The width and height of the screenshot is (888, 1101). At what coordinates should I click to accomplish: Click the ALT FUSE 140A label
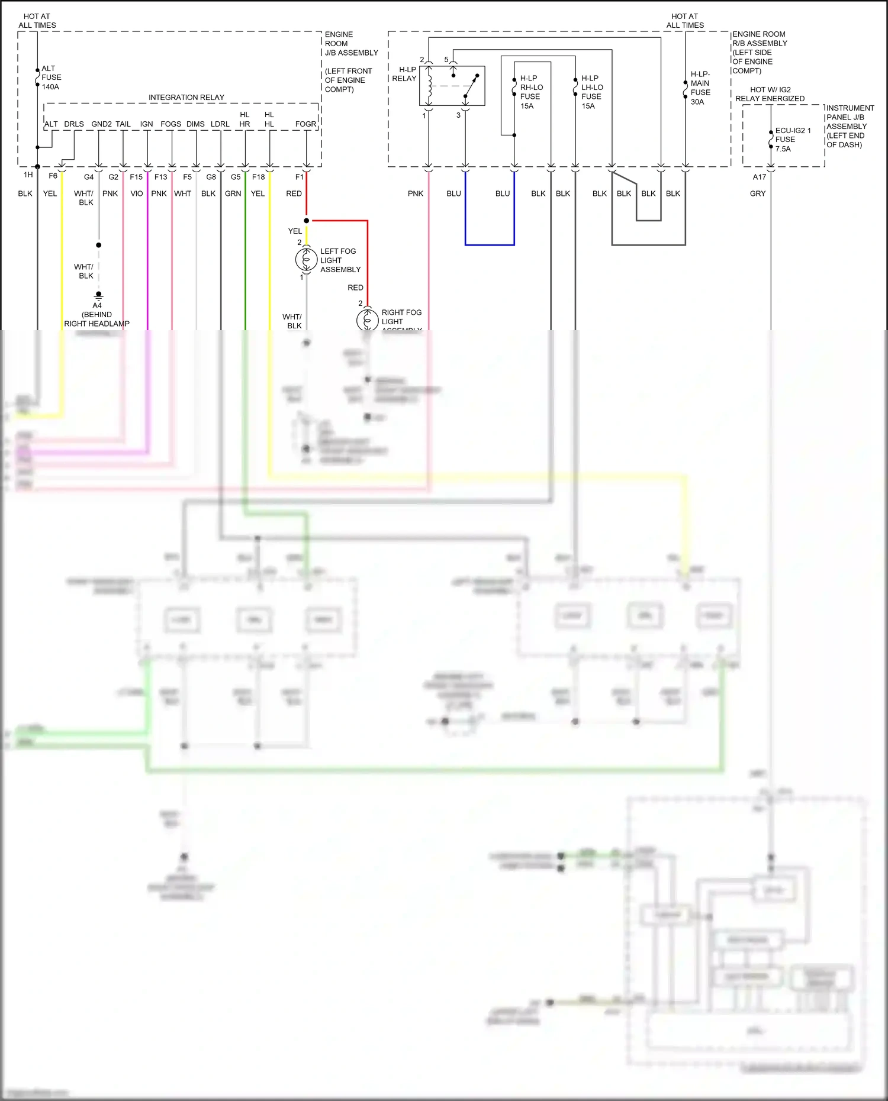coord(51,78)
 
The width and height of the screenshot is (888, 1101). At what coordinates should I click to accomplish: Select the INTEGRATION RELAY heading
coord(186,98)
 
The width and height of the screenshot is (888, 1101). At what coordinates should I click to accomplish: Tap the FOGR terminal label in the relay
coord(305,124)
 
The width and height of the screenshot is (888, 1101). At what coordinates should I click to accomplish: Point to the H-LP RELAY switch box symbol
coord(452,86)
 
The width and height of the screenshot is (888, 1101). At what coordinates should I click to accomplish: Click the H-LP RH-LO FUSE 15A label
coord(531,92)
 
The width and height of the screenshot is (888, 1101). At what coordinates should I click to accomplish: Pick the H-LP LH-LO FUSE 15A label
coord(592,92)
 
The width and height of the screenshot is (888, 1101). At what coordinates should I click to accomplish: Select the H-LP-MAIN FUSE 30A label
coord(700,88)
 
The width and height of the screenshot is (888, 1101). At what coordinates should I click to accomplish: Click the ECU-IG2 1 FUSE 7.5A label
coord(792,140)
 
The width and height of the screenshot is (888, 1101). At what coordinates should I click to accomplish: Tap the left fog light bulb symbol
coord(306,260)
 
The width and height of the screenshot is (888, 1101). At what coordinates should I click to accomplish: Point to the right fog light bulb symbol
coord(367,320)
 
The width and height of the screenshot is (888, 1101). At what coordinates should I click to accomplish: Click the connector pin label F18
coord(258,177)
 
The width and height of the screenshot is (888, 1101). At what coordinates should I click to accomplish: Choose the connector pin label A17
coord(760,177)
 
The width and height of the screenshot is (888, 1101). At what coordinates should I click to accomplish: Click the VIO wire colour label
coord(137,193)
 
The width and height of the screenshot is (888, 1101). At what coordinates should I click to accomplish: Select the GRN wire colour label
coord(233,193)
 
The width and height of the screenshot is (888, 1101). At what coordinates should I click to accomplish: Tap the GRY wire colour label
coord(758,193)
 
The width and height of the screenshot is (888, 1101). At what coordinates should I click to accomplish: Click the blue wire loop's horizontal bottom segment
coord(490,244)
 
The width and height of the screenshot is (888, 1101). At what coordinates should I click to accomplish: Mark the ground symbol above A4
coord(98,295)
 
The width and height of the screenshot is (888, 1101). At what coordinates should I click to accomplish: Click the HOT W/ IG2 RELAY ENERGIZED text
coord(770,94)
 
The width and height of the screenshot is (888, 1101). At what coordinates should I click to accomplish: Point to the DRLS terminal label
coord(74,124)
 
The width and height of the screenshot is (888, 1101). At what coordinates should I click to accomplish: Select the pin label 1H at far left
coord(28,175)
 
